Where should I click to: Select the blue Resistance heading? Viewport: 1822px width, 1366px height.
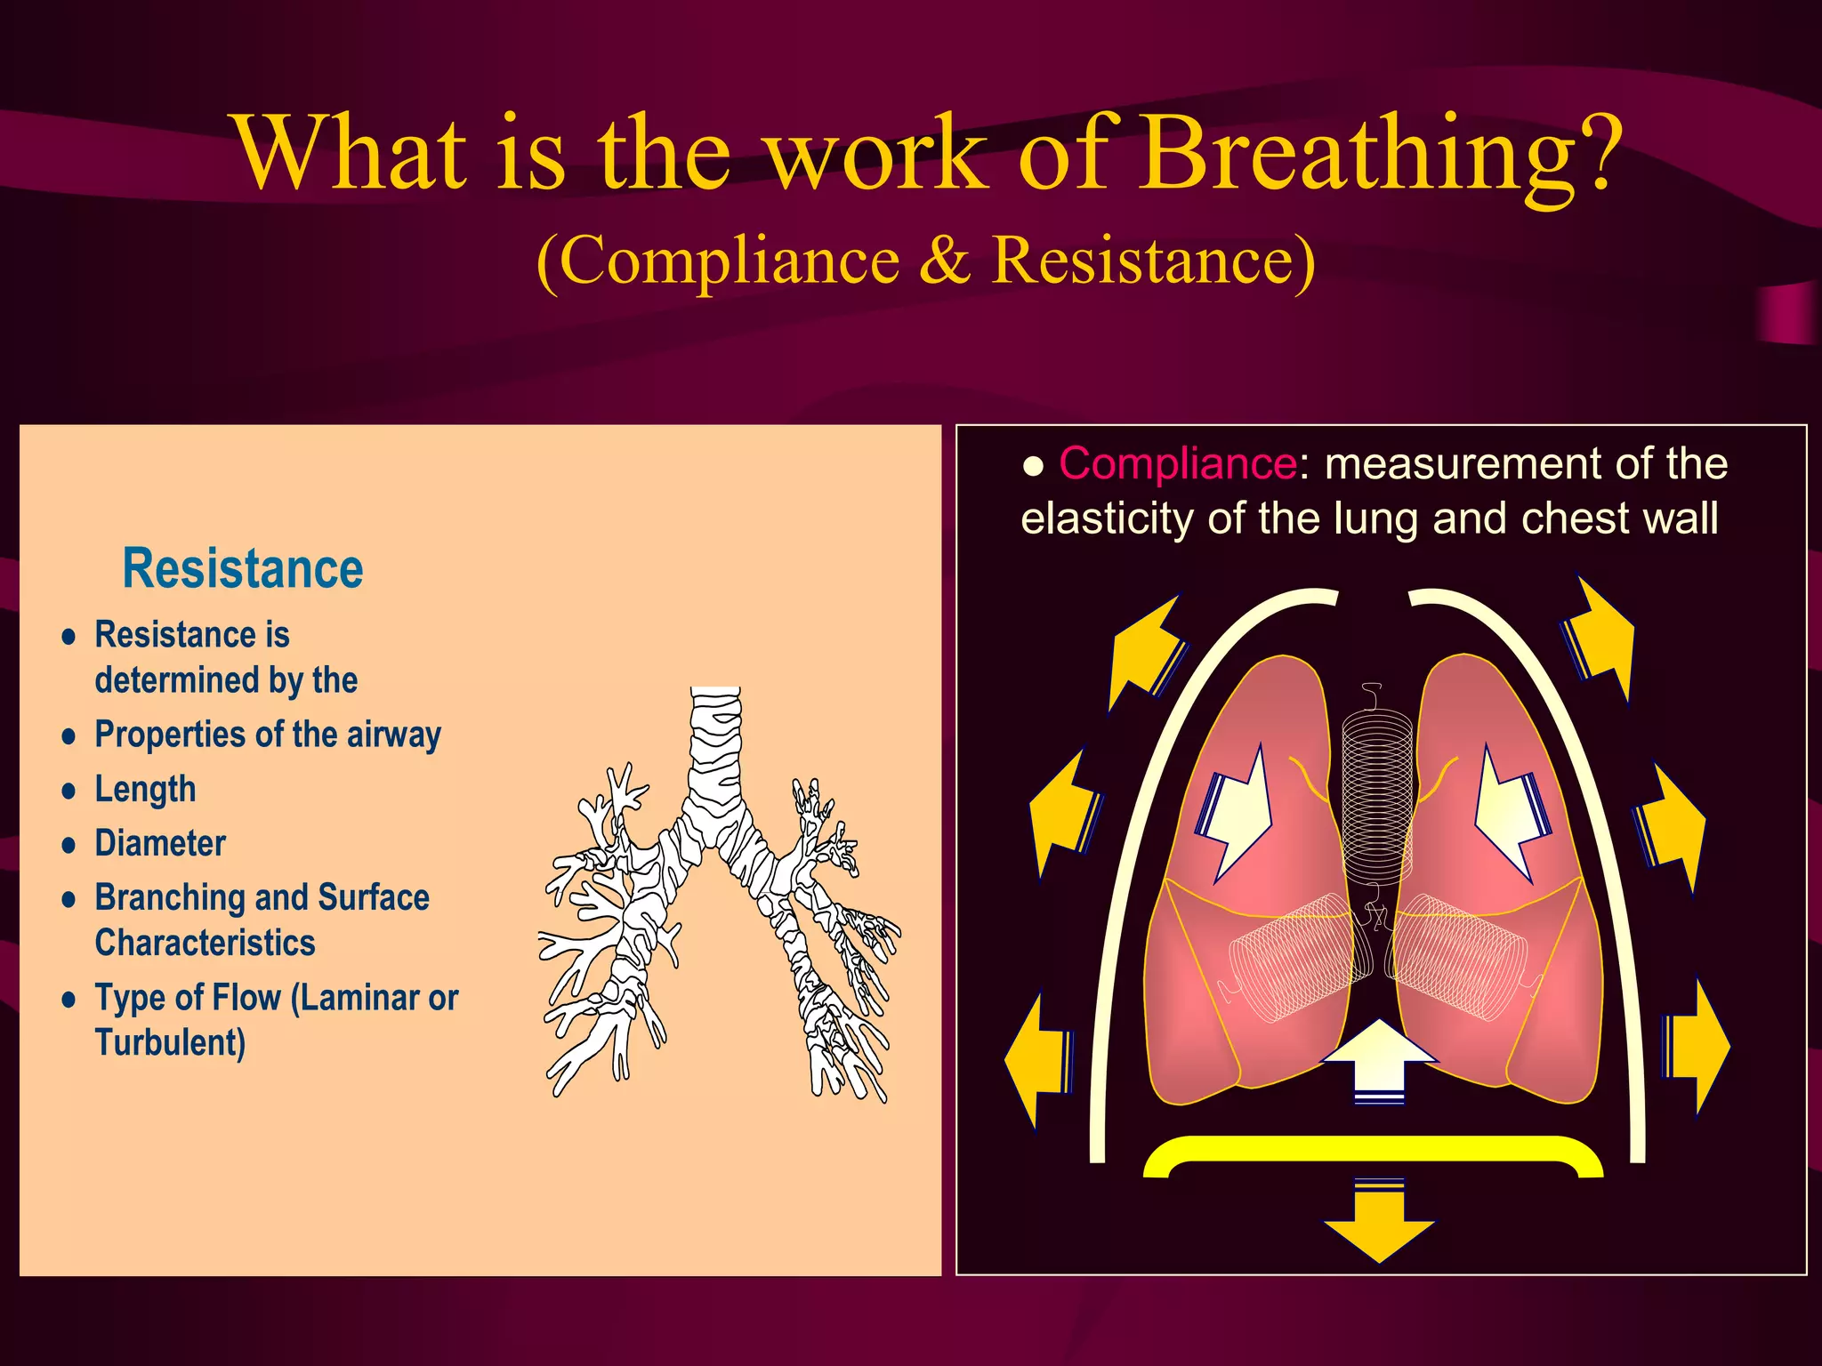243,569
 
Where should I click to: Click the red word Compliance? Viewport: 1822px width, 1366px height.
1177,464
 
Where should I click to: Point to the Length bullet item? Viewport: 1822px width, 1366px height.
145,790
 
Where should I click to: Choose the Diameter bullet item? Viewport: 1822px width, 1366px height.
160,844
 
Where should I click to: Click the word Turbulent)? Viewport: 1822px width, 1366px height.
170,1043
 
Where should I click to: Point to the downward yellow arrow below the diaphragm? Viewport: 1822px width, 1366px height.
1379,1223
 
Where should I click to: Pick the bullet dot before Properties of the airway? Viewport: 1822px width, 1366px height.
69,736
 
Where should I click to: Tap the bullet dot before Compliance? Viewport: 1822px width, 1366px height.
1033,466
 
